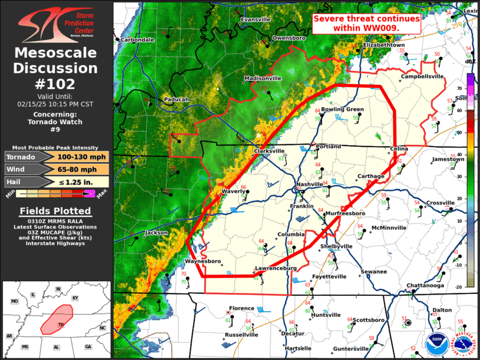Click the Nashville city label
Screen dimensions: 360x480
pos(310,184)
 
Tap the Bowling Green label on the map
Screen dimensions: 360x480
pos(342,109)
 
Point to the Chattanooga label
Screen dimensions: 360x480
pos(425,286)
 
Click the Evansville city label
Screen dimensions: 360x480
pos(254,19)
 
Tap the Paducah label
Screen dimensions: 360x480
pos(176,100)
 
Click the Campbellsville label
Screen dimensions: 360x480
pos(422,77)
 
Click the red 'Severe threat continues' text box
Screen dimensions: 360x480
pos(366,23)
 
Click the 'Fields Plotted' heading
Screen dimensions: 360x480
pos(56,210)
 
